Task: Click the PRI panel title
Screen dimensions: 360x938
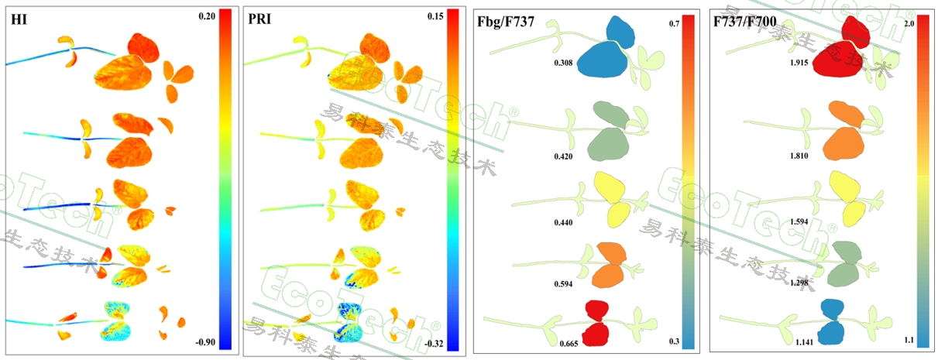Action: pyautogui.click(x=259, y=21)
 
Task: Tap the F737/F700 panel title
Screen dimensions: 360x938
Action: pyautogui.click(x=743, y=22)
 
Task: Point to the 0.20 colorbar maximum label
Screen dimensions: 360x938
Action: pyautogui.click(x=207, y=15)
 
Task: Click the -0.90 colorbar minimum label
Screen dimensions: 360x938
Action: pyautogui.click(x=204, y=341)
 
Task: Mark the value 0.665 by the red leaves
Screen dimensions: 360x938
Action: pyautogui.click(x=569, y=341)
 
